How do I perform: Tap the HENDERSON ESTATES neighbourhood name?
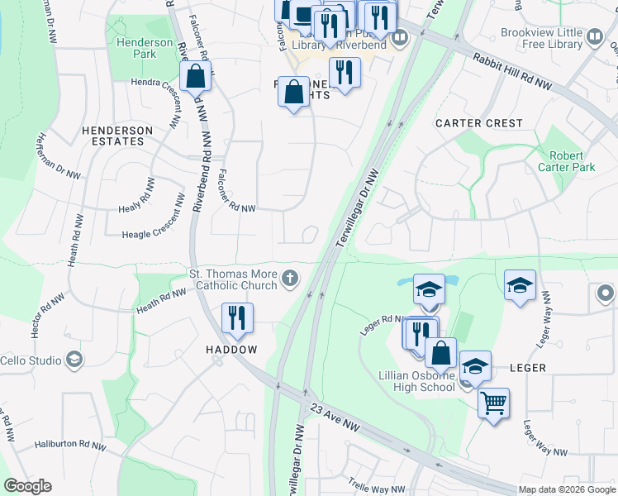coord(117,136)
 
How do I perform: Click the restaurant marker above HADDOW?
coord(237,318)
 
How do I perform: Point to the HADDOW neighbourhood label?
coord(231,350)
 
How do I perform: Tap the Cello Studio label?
coord(31,360)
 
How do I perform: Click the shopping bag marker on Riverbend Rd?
coord(196,77)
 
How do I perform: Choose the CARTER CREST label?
coord(479,123)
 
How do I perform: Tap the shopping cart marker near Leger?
coord(493,403)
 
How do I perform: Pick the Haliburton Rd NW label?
coord(70,446)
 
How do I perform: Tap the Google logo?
coord(27,486)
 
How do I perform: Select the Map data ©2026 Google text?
coord(566,489)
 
